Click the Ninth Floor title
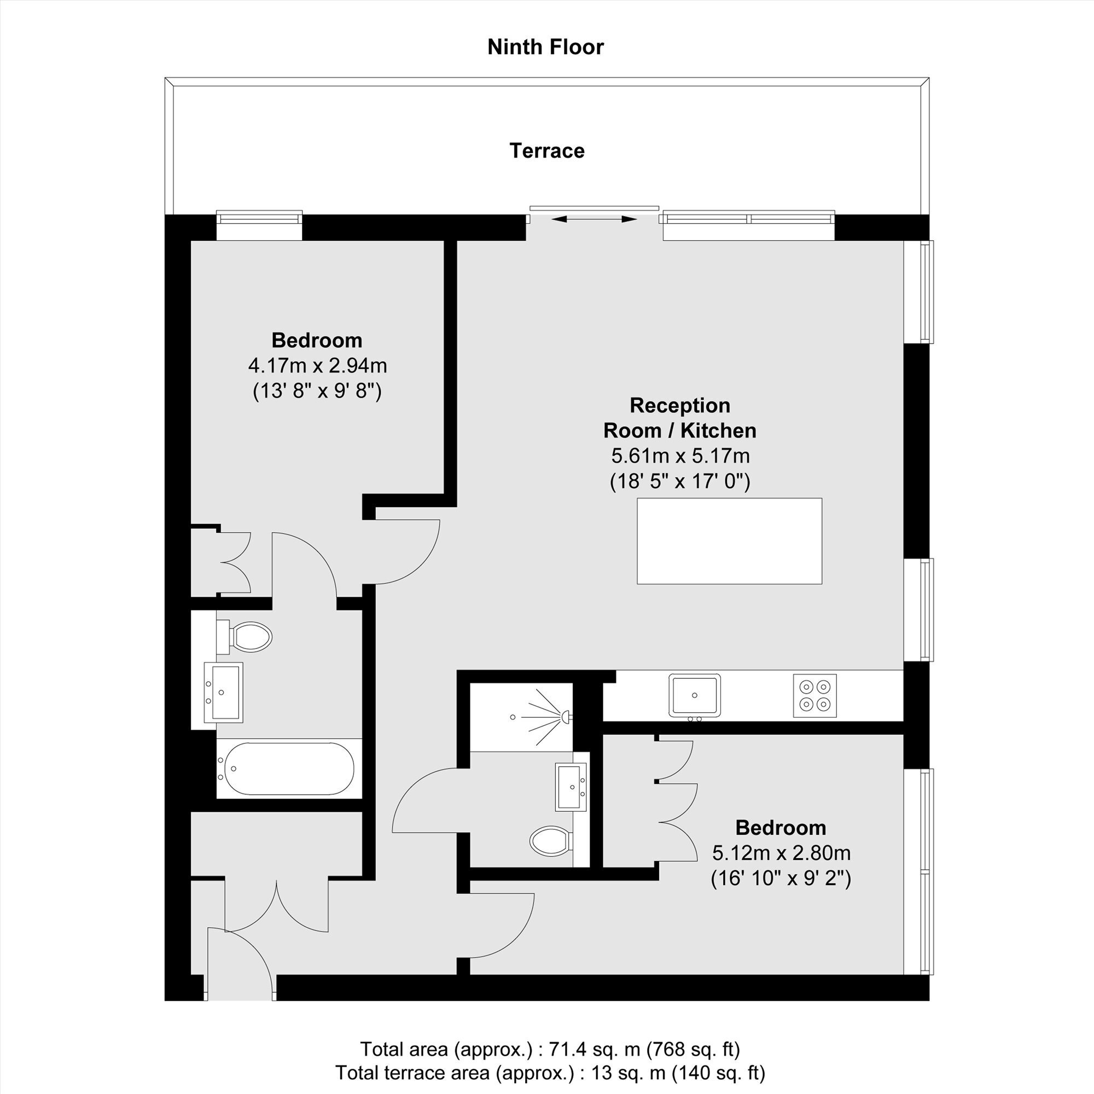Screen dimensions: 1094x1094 [545, 47]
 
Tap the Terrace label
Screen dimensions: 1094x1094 [547, 150]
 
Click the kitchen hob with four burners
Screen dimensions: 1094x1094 [814, 695]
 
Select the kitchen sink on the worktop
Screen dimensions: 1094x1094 [694, 695]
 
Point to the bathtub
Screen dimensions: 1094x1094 [289, 769]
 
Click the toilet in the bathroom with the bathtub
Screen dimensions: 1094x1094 [245, 637]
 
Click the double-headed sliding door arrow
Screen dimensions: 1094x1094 [594, 219]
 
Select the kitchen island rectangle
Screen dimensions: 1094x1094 [729, 541]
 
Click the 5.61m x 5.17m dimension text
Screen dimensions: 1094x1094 [680, 456]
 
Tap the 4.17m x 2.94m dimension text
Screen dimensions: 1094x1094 [317, 366]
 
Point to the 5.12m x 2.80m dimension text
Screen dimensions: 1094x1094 [781, 853]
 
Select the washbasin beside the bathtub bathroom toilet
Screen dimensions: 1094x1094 [223, 693]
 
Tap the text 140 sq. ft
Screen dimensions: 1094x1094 [718, 1073]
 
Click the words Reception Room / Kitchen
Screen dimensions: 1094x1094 [680, 418]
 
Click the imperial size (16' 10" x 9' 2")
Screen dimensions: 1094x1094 [781, 878]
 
